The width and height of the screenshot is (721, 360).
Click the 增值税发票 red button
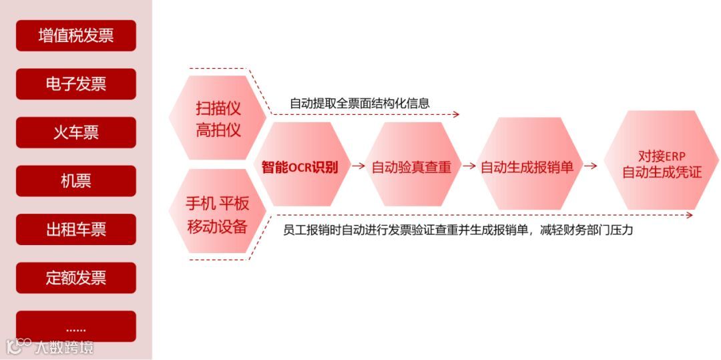[x=75, y=35]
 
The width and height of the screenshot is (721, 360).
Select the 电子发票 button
[x=75, y=84]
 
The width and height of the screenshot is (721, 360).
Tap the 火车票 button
[x=75, y=132]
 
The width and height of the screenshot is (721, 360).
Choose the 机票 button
[x=75, y=181]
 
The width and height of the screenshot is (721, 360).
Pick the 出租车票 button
[x=75, y=230]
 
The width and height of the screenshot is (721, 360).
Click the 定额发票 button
[x=75, y=278]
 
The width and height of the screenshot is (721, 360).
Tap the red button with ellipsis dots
[x=75, y=327]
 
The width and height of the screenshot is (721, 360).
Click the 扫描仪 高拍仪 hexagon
[x=218, y=118]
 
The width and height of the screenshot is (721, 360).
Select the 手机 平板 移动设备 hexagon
[x=218, y=214]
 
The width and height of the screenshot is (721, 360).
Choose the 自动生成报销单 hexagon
[x=527, y=167]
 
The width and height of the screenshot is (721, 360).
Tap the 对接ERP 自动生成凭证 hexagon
[x=662, y=164]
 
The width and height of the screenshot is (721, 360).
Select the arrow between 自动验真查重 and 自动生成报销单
[x=470, y=167]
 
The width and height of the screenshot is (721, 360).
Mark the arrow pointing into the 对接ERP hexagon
[x=590, y=167]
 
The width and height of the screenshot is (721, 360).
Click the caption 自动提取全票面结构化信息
[x=359, y=104]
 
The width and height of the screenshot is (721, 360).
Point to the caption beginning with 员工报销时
[x=457, y=230]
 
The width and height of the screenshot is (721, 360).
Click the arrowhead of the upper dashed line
[x=457, y=115]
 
